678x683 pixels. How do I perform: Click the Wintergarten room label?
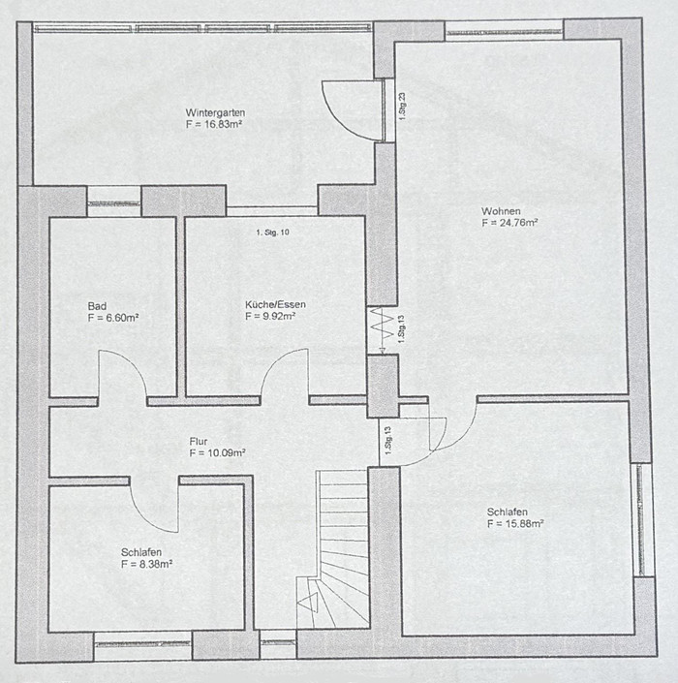point(215,112)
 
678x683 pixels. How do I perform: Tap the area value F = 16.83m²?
point(214,124)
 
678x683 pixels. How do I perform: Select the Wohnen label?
point(501,211)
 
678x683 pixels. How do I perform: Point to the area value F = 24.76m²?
point(509,223)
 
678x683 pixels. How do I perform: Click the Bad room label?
point(97,306)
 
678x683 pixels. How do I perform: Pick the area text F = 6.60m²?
point(113,318)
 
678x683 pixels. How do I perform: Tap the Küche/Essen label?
point(275,304)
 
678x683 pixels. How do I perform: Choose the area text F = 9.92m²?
point(270,316)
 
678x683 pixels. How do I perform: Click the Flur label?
point(199,441)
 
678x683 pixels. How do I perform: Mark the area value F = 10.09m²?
point(217,453)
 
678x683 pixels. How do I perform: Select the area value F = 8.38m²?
point(147,564)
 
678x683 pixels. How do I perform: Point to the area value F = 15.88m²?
point(515,523)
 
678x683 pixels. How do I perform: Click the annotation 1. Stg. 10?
point(272,233)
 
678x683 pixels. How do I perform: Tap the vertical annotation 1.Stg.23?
point(402,107)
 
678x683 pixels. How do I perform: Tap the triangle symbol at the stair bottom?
point(307,603)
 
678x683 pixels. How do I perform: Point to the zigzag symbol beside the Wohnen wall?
point(376,329)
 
